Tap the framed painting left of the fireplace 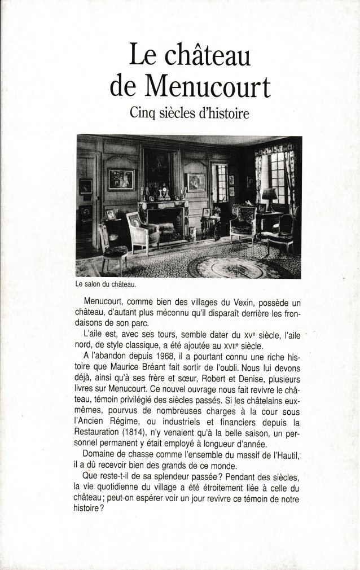121,179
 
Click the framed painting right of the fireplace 196,182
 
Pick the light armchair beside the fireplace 142,231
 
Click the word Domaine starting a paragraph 101,453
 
